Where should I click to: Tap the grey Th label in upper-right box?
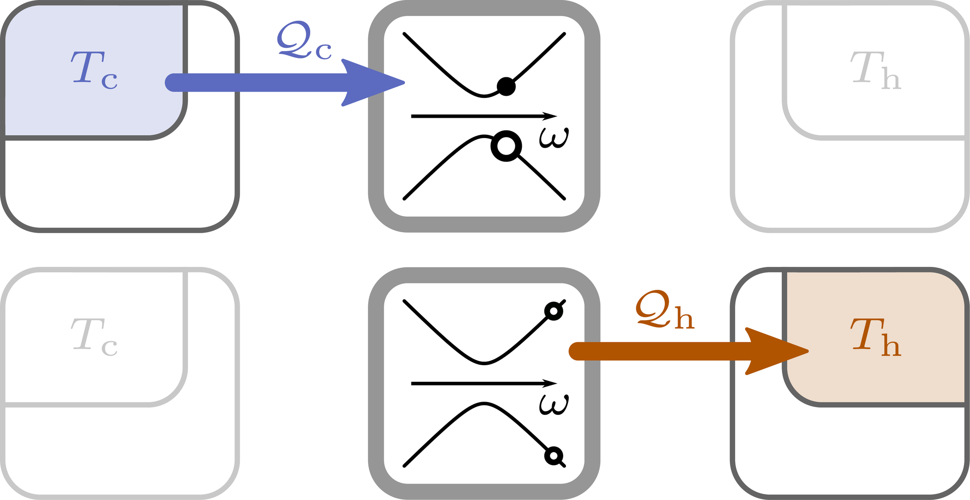875,70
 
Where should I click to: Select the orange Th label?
875,337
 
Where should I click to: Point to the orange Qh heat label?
665,310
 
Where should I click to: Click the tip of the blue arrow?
404,83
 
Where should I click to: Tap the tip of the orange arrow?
808,351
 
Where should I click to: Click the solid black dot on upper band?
506,86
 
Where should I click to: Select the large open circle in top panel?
506,146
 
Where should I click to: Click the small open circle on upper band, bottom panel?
553,311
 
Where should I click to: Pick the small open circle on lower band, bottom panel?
553,456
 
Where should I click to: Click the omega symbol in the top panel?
554,137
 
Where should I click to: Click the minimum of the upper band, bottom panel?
484,363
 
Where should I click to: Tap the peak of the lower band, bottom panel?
484,403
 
